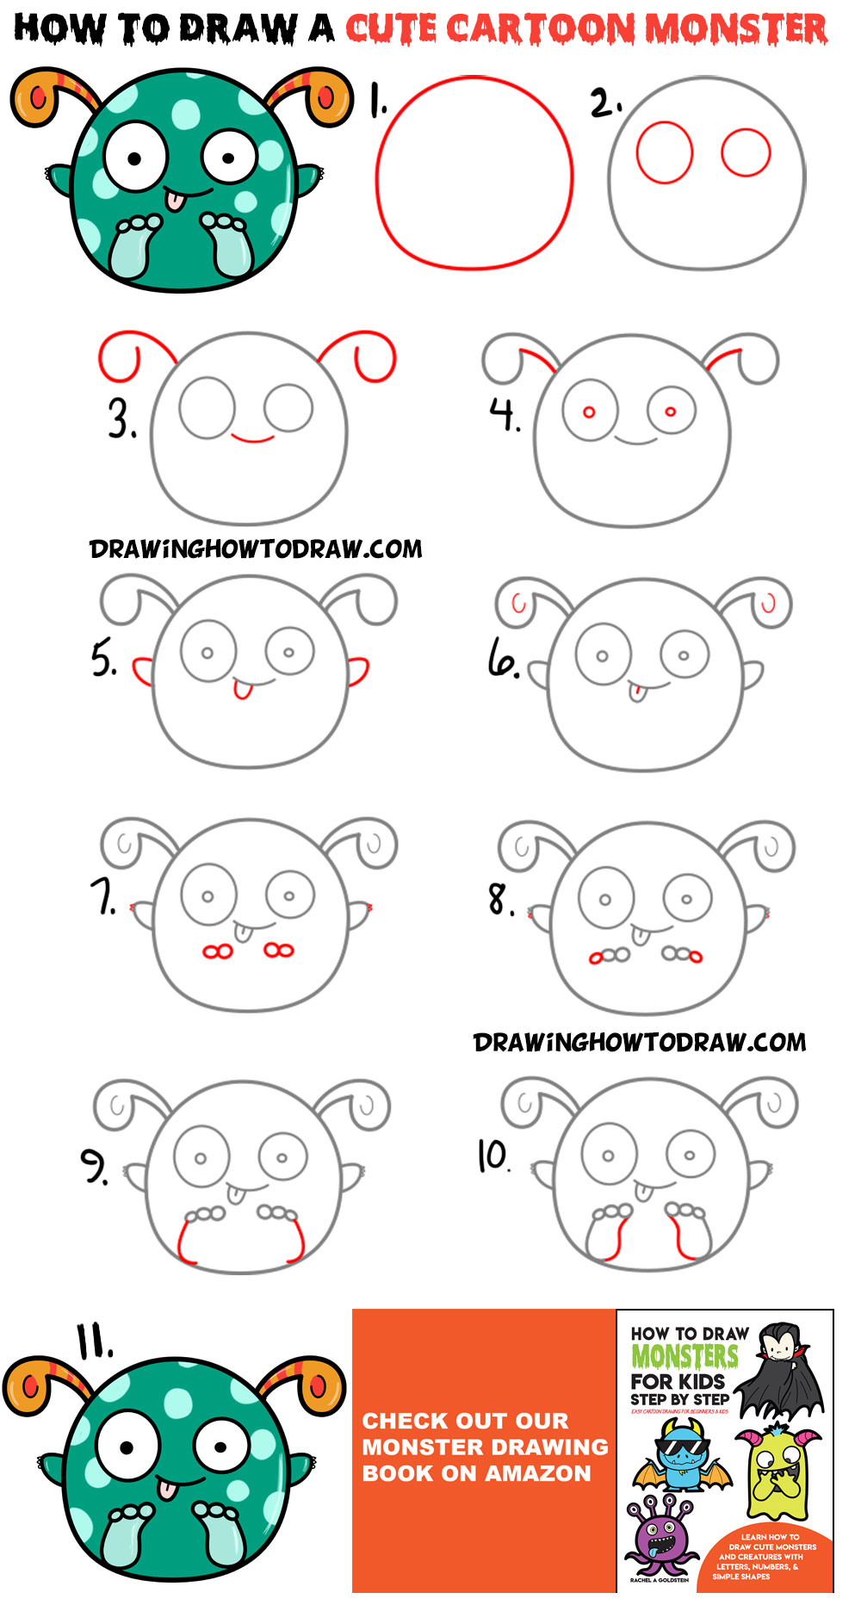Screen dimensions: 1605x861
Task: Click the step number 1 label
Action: (x=377, y=100)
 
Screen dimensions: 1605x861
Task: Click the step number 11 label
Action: (x=95, y=1341)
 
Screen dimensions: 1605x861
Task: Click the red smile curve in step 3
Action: (x=252, y=439)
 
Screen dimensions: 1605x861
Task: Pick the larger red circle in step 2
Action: (x=664, y=152)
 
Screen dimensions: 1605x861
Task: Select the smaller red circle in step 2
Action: (x=746, y=152)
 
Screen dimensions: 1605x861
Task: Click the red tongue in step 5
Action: (x=244, y=690)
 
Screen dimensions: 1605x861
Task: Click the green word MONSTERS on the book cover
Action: (x=684, y=1356)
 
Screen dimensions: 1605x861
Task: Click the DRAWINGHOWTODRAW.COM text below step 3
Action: (x=256, y=549)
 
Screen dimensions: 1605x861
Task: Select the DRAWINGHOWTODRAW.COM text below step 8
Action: (x=640, y=1043)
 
